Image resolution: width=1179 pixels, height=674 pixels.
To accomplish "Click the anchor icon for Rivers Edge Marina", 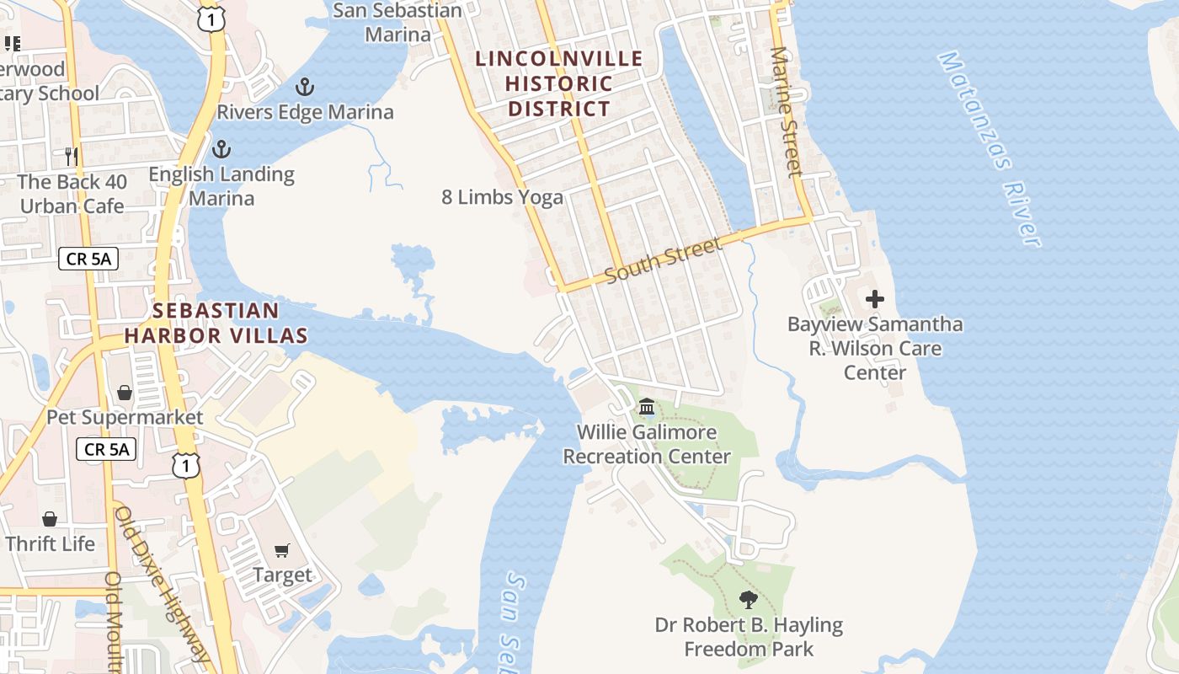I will [305, 87].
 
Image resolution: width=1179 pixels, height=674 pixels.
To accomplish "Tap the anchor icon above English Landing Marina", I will [221, 150].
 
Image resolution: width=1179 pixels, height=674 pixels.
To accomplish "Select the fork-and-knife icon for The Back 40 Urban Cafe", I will [72, 157].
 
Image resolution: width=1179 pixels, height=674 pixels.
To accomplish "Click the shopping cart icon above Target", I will [282, 550].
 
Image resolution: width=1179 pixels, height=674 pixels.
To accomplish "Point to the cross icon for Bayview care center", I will [875, 299].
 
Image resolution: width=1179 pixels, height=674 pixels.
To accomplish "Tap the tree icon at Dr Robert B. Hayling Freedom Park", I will [748, 600].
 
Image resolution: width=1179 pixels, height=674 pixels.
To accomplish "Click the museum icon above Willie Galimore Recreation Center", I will [647, 408].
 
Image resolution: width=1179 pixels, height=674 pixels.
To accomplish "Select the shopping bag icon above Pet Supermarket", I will [125, 393].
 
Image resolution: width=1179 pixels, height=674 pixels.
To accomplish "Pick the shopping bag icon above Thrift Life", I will [50, 519].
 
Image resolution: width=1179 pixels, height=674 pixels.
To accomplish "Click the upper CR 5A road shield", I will [88, 259].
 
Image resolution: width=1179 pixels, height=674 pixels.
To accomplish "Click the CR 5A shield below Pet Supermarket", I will [107, 449].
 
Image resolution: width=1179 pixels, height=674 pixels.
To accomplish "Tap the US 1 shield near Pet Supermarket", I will [187, 465].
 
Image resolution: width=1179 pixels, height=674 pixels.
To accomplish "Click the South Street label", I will [664, 262].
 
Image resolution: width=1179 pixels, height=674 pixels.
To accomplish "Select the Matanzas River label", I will [990, 149].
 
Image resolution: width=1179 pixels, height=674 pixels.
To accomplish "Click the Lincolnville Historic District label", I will [559, 83].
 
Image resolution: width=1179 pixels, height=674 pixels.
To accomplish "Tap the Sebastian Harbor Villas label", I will [216, 323].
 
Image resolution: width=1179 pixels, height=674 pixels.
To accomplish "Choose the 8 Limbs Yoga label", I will [503, 197].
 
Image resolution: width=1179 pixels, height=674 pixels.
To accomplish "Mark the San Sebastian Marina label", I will [397, 23].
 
